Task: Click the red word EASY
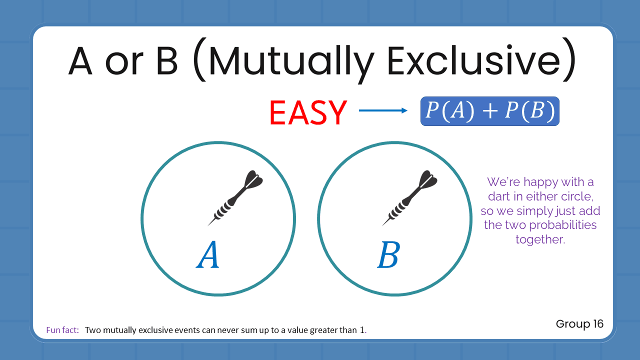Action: click(x=307, y=112)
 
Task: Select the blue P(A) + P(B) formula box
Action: click(x=489, y=111)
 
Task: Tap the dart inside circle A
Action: click(x=235, y=198)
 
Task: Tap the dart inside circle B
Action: click(x=410, y=198)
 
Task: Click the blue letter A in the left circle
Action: click(x=208, y=255)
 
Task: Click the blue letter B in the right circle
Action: click(x=388, y=255)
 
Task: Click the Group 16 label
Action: click(x=579, y=324)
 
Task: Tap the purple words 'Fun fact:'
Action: click(x=62, y=330)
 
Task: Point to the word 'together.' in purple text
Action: click(x=540, y=239)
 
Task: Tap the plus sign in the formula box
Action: click(x=490, y=111)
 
